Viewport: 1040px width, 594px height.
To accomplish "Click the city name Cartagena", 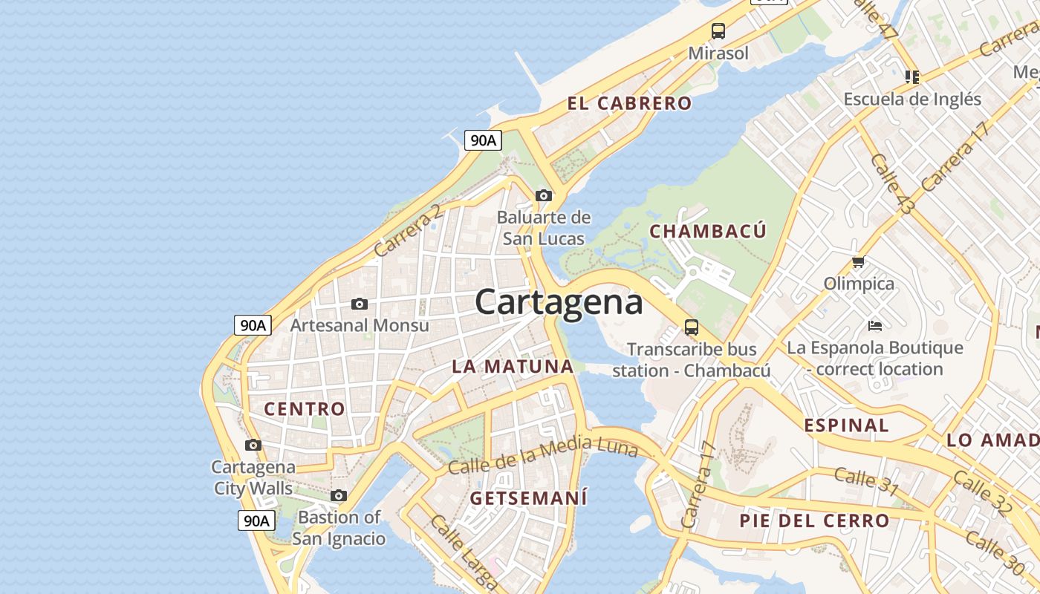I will [559, 302].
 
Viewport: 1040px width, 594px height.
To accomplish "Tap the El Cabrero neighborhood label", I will [629, 103].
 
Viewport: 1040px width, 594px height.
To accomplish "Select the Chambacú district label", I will [707, 231].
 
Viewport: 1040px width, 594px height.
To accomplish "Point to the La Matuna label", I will [513, 366].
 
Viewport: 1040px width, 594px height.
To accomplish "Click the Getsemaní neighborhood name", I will [529, 497].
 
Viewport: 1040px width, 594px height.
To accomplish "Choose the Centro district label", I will [305, 408].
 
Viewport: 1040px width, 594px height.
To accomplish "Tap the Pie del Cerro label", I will [814, 520].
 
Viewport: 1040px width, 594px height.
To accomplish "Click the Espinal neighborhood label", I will [847, 425].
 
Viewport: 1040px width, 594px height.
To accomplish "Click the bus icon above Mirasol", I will [718, 31].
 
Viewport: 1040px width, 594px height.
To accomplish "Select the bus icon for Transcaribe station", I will [691, 327].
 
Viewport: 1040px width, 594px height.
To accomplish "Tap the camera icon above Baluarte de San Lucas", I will [544, 195].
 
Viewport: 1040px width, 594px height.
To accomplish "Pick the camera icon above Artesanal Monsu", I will [360, 304].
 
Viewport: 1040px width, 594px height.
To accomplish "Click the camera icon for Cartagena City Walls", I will [253, 445].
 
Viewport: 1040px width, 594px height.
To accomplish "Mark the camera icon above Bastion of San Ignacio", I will [339, 495].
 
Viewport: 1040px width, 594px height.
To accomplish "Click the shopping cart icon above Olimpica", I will [859, 261].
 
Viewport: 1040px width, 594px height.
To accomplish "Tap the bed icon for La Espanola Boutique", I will [875, 325].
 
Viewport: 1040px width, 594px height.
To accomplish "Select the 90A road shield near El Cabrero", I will [483, 140].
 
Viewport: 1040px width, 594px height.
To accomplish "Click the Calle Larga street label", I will [462, 553].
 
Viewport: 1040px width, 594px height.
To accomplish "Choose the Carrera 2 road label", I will [408, 231].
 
